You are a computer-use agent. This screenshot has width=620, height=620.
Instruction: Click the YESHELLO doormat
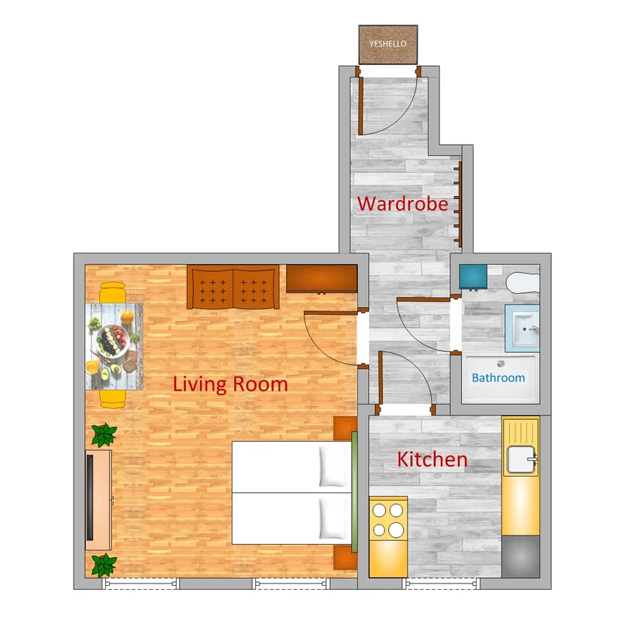coord(388,44)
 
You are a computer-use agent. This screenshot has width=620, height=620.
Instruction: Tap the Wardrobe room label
coord(402,204)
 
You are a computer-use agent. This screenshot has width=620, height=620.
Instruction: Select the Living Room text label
coord(230,384)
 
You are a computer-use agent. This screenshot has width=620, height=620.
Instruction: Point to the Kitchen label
coord(432,460)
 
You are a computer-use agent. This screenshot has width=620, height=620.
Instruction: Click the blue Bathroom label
coord(498,377)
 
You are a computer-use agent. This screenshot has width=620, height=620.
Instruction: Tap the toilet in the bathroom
coord(522,282)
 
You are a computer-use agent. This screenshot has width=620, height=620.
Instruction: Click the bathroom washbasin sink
coord(522,328)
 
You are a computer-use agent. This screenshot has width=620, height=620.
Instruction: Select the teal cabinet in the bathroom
coord(474,277)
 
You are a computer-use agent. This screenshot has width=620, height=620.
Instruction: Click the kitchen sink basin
coord(521,460)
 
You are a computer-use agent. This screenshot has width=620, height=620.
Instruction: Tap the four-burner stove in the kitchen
coord(388,519)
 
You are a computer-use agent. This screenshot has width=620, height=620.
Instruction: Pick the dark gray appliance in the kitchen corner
coord(520,556)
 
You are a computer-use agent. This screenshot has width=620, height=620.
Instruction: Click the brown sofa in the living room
coord(233,287)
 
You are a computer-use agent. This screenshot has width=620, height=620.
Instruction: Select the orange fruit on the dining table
coord(127,317)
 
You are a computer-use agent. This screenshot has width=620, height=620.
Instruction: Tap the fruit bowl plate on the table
coord(112,341)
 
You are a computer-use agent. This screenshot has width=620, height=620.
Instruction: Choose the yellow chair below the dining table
coord(112,398)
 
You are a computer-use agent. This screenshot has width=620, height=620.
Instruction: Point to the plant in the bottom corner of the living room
coord(104,566)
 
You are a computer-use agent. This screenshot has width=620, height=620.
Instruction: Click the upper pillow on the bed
coord(333,467)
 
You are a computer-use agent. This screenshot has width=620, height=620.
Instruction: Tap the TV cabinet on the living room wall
coord(98,500)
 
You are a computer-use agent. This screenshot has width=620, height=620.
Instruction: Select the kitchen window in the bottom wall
coord(441,584)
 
